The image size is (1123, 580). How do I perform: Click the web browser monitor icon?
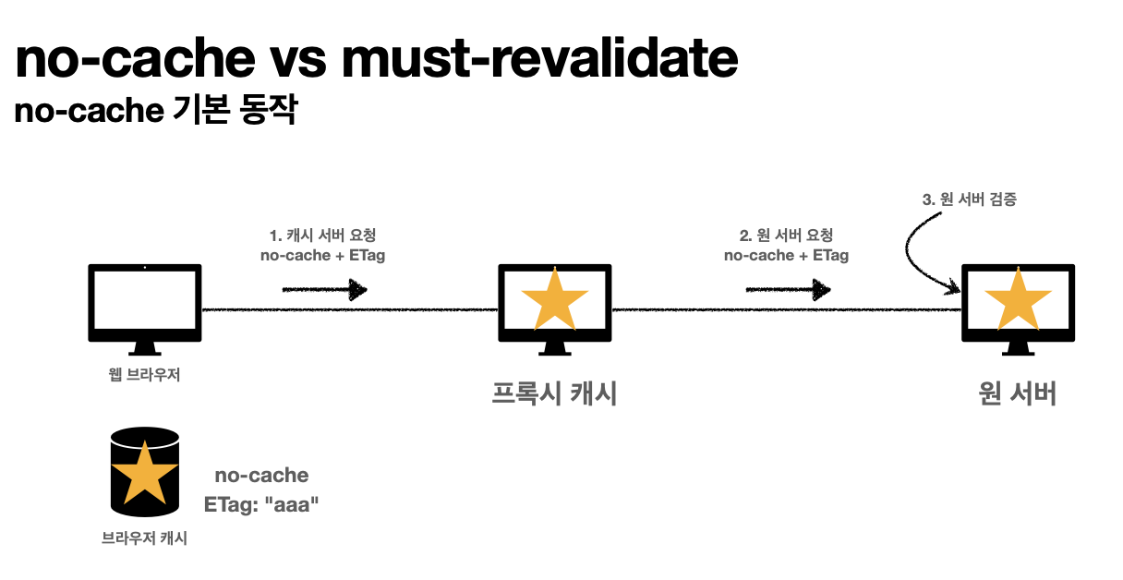[x=144, y=305]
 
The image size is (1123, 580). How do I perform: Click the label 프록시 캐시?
[x=554, y=394]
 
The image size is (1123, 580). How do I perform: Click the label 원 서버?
[x=1018, y=394]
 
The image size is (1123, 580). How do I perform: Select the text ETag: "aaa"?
[x=261, y=505]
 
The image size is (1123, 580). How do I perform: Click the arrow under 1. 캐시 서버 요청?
[x=324, y=290]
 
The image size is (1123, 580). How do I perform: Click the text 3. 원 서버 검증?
[x=970, y=199]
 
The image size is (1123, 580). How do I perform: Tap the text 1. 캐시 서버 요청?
[x=322, y=236]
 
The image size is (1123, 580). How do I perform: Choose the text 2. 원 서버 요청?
[x=786, y=236]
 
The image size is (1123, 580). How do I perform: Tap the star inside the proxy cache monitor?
[x=554, y=297]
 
